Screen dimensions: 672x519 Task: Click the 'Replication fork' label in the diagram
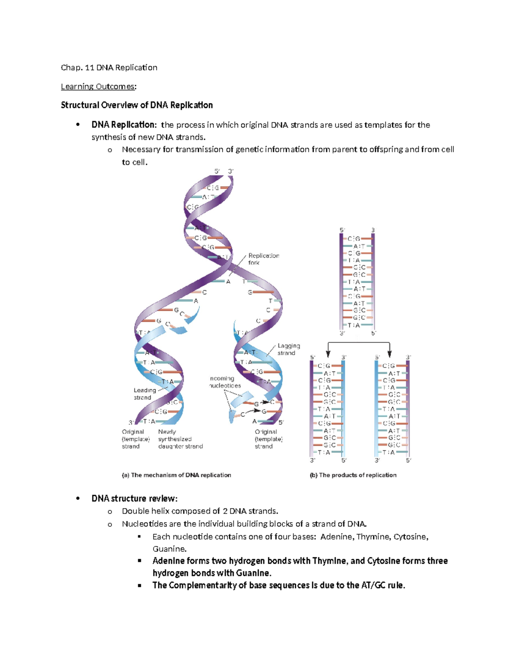[x=263, y=259]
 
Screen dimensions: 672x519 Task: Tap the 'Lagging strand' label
[x=288, y=349]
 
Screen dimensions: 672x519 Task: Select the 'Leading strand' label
[x=144, y=394]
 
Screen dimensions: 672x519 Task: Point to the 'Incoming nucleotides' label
[x=224, y=382]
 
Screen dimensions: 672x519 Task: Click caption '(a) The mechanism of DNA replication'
[x=176, y=475]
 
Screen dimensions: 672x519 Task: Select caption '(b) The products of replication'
[x=353, y=475]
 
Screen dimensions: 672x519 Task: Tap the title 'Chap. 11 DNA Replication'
[x=109, y=68]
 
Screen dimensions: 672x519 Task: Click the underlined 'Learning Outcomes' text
[x=98, y=87]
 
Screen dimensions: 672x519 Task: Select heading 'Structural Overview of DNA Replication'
[x=137, y=105]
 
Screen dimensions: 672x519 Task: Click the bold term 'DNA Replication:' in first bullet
[x=124, y=125]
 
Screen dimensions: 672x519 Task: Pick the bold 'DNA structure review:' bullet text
[x=135, y=498]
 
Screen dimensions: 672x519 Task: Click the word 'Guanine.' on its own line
[x=170, y=549]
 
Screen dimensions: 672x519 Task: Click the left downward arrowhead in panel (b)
[x=328, y=354]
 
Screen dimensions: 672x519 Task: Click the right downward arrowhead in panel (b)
[x=390, y=354]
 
